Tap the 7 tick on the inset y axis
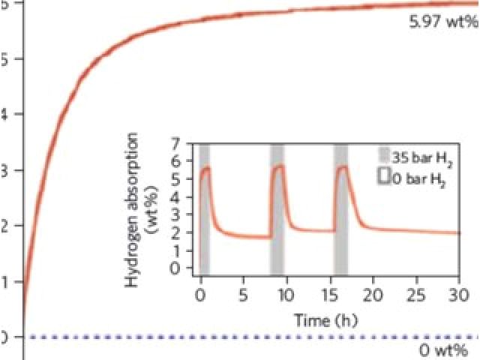click(x=176, y=143)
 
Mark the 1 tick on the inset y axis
click(x=176, y=250)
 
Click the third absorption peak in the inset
click(x=343, y=166)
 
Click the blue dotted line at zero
click(x=225, y=337)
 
